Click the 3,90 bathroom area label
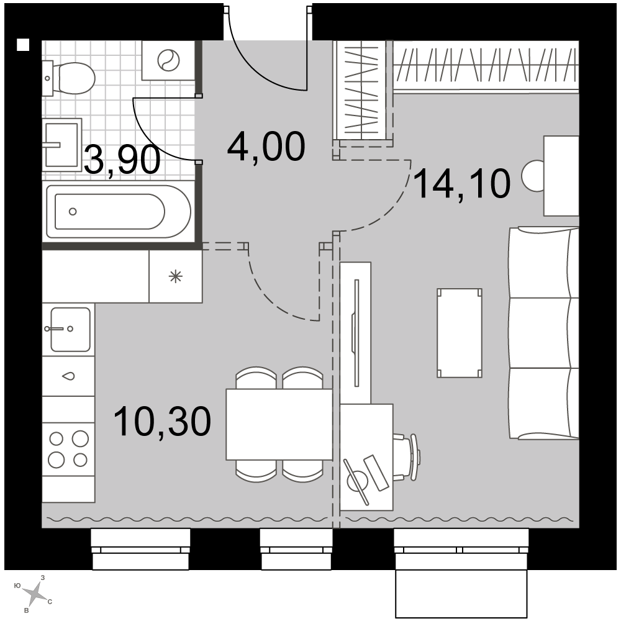122,160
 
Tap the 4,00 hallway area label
266,147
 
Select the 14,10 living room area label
462,183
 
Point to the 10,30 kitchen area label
162,422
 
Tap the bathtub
119,212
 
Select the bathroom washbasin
61,145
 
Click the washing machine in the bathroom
168,60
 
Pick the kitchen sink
70,330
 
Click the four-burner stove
68,449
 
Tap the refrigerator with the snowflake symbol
176,276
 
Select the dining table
279,424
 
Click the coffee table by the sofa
460,333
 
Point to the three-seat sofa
544,333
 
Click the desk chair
407,457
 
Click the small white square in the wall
23,45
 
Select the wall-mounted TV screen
356,333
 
